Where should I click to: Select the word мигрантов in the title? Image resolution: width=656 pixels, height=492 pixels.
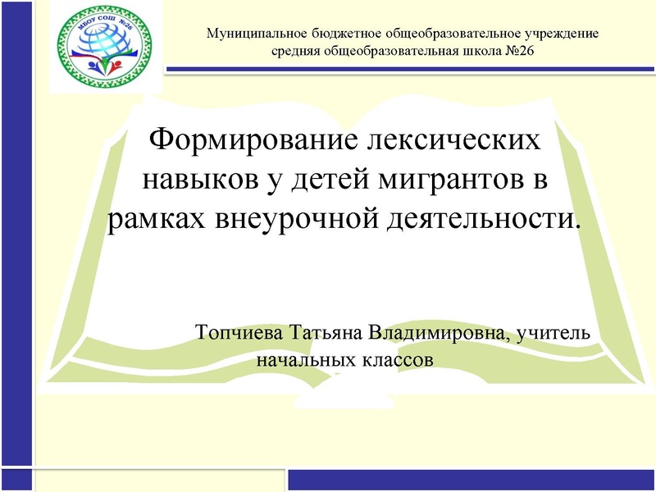pos(442,179)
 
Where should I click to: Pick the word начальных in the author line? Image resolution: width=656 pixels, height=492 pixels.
pos(307,359)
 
